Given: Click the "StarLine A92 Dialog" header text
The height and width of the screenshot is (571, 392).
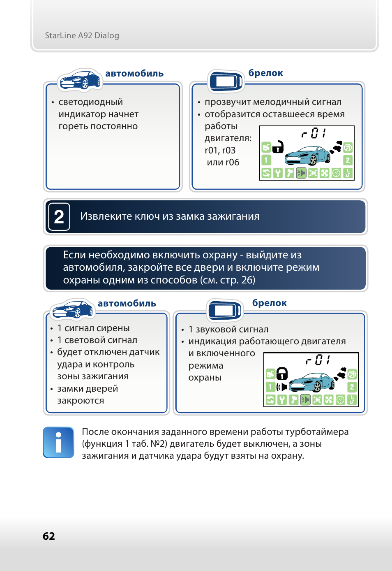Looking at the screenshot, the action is click(x=82, y=35).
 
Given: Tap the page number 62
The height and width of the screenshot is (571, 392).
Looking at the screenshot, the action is click(x=48, y=536).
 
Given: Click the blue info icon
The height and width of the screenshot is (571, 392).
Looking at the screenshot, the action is click(x=58, y=442).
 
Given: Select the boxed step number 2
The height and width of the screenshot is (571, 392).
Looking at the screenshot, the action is click(x=59, y=217).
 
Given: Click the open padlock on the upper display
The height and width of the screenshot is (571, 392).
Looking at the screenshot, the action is click(x=278, y=147).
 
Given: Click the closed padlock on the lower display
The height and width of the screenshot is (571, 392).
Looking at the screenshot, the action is click(x=282, y=374).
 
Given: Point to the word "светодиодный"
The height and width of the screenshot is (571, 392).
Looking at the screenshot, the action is click(x=91, y=102).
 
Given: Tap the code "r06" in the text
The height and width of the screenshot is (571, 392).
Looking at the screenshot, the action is click(x=232, y=162).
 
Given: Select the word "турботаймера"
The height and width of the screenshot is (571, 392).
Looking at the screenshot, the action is click(x=317, y=432).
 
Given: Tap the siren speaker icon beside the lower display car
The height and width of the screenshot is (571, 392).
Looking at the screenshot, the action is click(x=282, y=387).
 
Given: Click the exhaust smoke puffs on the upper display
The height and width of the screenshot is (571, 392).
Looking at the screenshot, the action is click(x=336, y=146).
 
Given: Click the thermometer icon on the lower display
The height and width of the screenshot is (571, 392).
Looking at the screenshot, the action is click(x=352, y=400).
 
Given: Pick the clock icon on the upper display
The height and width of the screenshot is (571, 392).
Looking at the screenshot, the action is click(x=336, y=173).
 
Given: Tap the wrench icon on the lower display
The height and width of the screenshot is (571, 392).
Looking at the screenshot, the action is click(x=282, y=400).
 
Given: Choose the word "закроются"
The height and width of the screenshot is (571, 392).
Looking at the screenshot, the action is click(x=81, y=401).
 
